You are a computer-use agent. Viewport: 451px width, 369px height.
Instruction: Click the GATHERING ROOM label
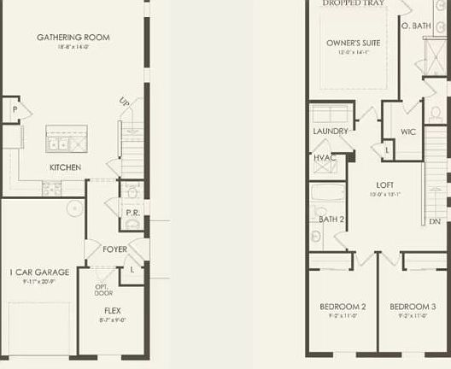(x=73, y=38)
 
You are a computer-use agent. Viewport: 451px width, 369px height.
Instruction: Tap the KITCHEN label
(x=66, y=167)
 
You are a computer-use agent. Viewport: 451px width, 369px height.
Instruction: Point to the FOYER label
(x=115, y=249)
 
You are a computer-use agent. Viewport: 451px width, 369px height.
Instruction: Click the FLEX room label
(x=112, y=311)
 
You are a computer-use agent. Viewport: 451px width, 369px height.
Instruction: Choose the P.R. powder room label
(x=132, y=213)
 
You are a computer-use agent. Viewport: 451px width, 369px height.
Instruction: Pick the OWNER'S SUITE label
(x=354, y=43)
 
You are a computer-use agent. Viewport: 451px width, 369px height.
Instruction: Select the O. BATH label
(x=417, y=26)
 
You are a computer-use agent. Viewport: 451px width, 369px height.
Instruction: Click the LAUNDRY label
(x=331, y=132)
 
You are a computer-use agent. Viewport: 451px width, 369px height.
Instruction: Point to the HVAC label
(x=325, y=158)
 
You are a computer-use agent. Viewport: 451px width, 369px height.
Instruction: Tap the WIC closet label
(x=408, y=132)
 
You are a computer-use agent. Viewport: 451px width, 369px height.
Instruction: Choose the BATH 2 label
(x=331, y=220)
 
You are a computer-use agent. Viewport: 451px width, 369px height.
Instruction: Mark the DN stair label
(x=436, y=221)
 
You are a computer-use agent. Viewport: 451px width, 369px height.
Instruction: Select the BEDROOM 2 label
(x=343, y=307)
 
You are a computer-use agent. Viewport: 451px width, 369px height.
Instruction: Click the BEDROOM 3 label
(x=413, y=307)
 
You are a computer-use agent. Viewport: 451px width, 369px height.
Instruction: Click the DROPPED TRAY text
(x=354, y=3)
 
